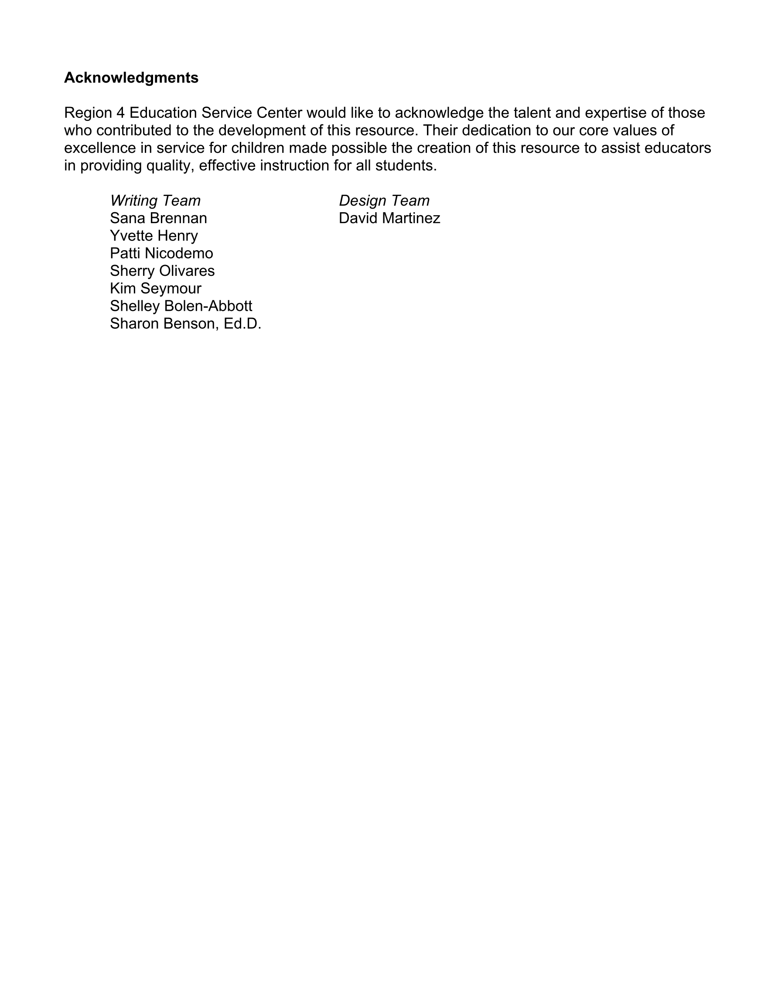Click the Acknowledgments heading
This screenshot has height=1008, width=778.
tap(131, 78)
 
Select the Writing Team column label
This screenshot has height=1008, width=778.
tap(155, 200)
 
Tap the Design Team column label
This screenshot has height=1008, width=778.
tap(384, 200)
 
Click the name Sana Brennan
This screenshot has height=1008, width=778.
tap(158, 218)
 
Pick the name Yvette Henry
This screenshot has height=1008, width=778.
tap(154, 235)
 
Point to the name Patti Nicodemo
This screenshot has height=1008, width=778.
tap(161, 253)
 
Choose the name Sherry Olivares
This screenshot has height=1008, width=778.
tap(162, 271)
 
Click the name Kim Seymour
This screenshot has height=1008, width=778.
tap(155, 288)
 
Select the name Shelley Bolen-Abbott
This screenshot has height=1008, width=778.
tap(181, 306)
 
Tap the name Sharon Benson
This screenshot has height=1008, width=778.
tap(162, 323)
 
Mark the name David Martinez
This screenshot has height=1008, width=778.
tap(389, 218)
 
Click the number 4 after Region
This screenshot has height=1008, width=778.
tap(121, 113)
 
